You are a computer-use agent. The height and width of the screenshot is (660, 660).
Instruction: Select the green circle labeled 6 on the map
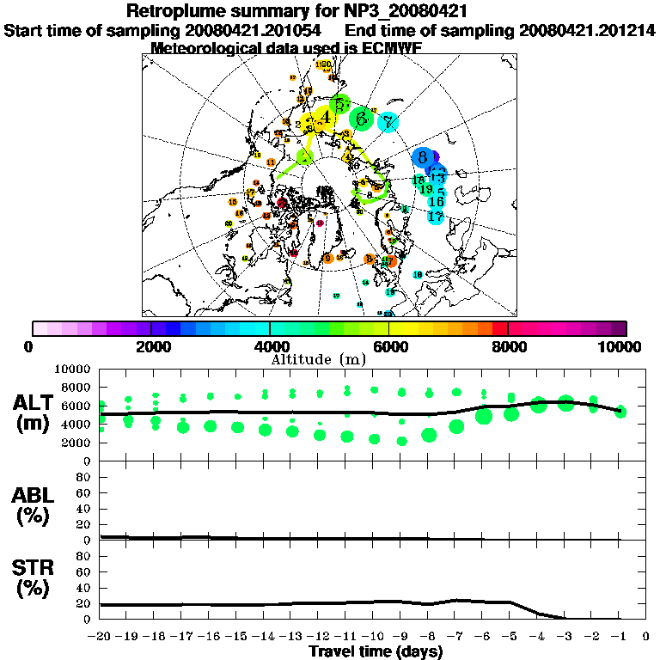(x=363, y=118)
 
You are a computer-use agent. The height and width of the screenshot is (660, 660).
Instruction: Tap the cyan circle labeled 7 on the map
(x=388, y=123)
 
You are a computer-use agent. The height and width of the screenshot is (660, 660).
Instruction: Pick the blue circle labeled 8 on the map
(x=423, y=157)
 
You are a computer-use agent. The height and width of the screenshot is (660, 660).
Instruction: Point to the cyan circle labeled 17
(x=436, y=217)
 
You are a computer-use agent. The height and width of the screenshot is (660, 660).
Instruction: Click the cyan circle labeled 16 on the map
(x=436, y=202)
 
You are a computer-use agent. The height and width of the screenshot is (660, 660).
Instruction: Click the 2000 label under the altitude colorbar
(x=151, y=347)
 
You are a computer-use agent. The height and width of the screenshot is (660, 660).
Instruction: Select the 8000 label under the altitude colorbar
(x=508, y=347)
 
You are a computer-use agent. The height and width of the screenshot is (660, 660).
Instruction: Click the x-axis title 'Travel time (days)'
(x=376, y=652)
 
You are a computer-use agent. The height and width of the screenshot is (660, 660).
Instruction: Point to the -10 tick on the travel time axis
(x=374, y=637)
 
